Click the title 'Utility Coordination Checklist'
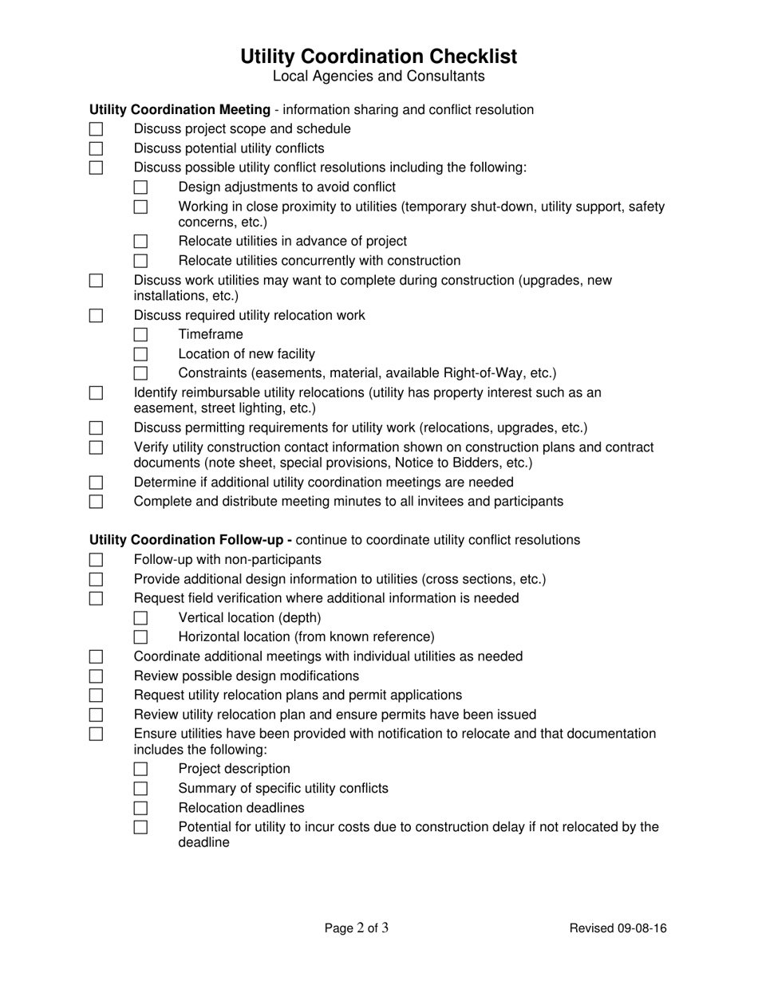tap(378, 57)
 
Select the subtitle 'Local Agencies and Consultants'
tap(378, 77)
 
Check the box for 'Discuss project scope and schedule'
tap(96, 129)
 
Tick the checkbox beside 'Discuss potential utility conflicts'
tap(96, 148)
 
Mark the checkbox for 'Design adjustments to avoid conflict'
tap(140, 187)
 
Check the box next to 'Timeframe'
tap(140, 335)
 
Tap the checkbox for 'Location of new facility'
tap(140, 354)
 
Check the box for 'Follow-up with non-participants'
tap(96, 560)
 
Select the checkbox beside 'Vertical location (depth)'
tap(140, 618)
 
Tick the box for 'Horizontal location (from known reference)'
tap(140, 637)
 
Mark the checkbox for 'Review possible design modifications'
tap(96, 676)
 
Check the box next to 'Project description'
tap(140, 770)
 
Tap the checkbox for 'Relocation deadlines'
tap(140, 808)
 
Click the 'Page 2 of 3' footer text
tap(357, 928)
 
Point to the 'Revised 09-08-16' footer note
tap(618, 928)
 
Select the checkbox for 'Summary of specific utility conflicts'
tap(140, 789)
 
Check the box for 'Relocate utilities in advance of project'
tap(140, 242)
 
